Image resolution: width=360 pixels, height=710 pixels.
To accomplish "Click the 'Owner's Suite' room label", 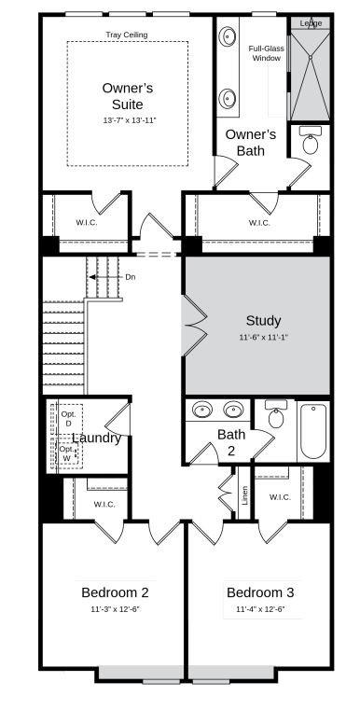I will (127, 96).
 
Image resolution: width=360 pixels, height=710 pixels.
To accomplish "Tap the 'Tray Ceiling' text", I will (126, 35).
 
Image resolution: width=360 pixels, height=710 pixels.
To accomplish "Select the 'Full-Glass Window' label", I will (265, 53).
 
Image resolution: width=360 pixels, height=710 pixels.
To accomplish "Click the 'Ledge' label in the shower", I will (311, 23).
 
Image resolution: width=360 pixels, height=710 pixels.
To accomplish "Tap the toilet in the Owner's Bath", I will (312, 143).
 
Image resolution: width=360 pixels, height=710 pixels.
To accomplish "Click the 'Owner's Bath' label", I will (250, 142).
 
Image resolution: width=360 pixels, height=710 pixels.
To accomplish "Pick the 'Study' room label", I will (262, 320).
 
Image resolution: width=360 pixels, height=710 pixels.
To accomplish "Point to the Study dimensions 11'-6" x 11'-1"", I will (262, 338).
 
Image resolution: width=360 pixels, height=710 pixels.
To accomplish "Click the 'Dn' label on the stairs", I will (130, 277).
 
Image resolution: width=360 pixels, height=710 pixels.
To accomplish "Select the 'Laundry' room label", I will (97, 438).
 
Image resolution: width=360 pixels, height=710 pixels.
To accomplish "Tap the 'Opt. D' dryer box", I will (68, 419).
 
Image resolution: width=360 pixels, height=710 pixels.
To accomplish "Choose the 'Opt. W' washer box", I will (67, 453).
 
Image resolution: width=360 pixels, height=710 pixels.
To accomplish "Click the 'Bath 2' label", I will (231, 441).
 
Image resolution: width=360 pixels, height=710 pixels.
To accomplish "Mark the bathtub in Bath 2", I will (312, 430).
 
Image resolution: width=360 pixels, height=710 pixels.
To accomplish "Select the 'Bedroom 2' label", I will (115, 592).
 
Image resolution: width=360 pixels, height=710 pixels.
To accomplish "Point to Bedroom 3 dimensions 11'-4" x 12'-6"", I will (260, 609).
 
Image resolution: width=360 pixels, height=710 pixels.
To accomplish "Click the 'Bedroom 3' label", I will (260, 592).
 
